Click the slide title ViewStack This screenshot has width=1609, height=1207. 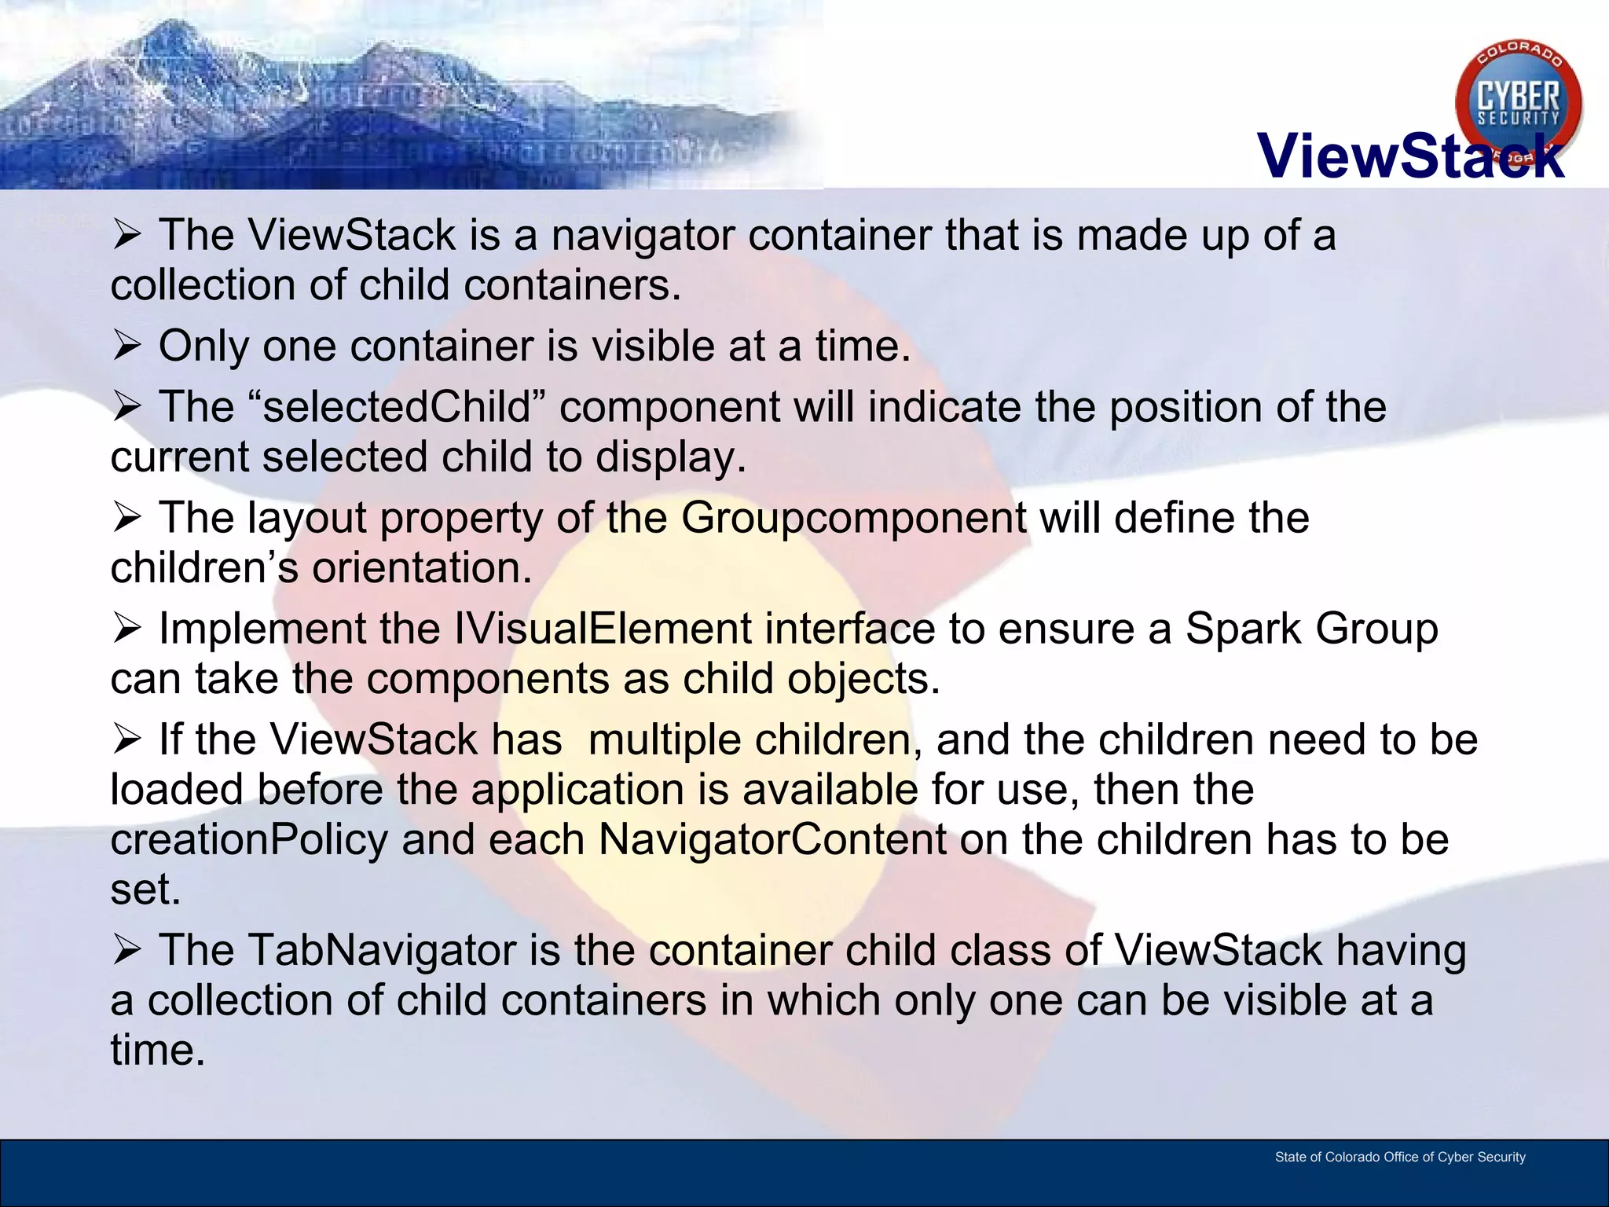(x=1410, y=156)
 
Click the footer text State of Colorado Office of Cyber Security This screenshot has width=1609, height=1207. (x=1400, y=1157)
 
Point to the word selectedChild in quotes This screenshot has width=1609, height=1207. (x=397, y=407)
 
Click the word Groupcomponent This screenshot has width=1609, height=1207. (x=853, y=518)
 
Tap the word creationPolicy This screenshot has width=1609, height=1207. (x=249, y=839)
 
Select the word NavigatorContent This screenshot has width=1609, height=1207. (x=772, y=839)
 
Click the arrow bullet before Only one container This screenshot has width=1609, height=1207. (x=126, y=346)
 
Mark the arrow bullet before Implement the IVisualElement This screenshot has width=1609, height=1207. (x=126, y=629)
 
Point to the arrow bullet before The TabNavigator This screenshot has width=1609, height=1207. (x=126, y=950)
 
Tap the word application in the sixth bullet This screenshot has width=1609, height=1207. (x=577, y=790)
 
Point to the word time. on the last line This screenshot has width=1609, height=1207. (x=157, y=1050)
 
